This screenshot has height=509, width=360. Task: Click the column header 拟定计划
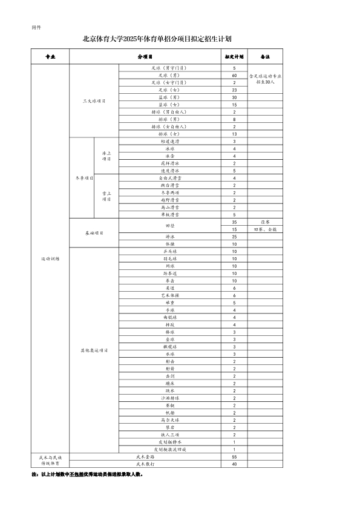tap(234, 56)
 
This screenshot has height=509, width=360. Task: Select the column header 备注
tap(264, 56)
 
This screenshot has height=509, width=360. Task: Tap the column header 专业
tap(50, 56)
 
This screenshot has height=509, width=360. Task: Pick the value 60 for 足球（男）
tap(234, 74)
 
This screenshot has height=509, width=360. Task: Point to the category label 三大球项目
tap(94, 100)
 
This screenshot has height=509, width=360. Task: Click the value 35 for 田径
tap(234, 222)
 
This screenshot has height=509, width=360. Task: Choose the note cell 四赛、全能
tap(264, 230)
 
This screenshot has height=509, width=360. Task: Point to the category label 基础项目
tap(94, 233)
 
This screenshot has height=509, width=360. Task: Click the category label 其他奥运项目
tap(94, 350)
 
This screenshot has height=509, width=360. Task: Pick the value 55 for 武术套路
tap(234, 456)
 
